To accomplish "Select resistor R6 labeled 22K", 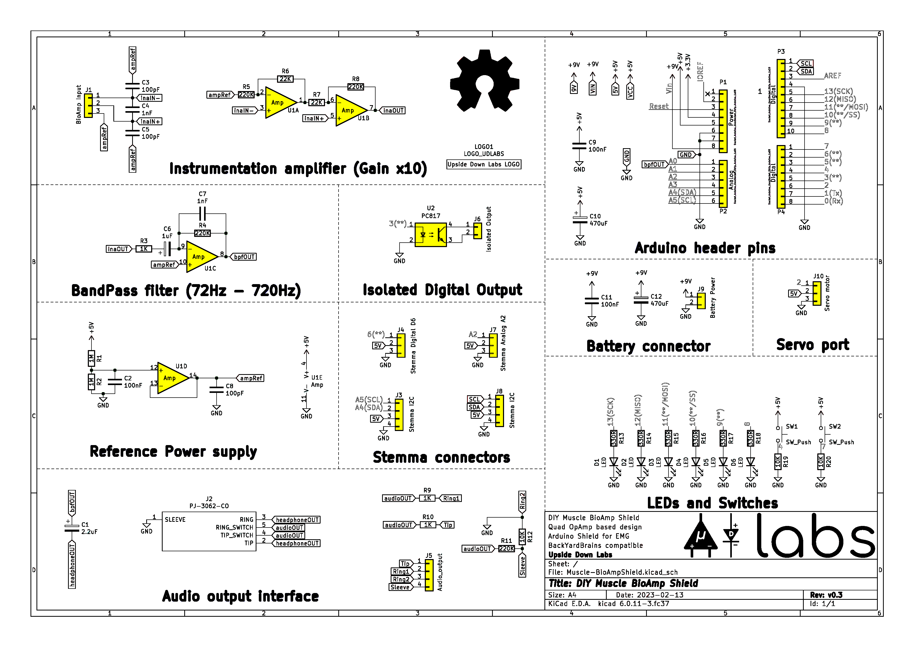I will [x=285, y=79].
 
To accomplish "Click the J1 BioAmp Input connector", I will [x=88, y=106].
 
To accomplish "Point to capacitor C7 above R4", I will [x=202, y=215].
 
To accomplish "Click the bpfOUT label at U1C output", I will [x=244, y=257].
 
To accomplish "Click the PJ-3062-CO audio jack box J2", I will [x=209, y=531].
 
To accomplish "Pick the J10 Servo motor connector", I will [x=817, y=293].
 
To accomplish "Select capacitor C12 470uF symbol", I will [x=641, y=299].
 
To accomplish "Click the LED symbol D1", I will [x=614, y=462].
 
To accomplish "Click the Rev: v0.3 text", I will [x=826, y=595].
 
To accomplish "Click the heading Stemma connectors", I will [x=441, y=457].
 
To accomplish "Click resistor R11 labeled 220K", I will [x=506, y=549].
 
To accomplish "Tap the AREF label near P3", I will [x=832, y=76].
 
